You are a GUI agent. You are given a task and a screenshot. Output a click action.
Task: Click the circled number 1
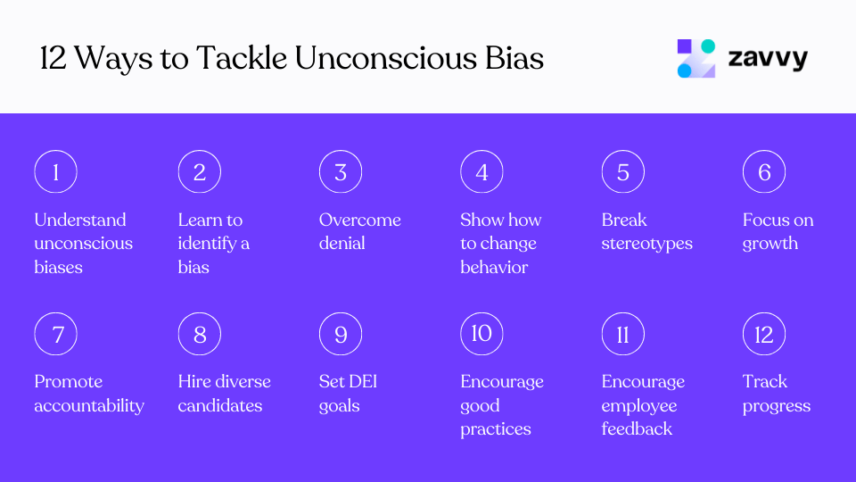[x=55, y=172]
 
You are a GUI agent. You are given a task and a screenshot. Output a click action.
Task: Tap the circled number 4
[x=481, y=172]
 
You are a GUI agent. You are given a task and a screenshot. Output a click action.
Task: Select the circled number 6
[x=764, y=172]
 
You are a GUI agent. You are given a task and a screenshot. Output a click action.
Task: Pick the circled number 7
[x=55, y=335]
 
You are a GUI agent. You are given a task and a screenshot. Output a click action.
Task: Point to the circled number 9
[x=341, y=335]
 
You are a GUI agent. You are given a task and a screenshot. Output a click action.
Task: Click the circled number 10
[x=481, y=334]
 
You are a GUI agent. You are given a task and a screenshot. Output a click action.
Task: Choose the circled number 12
[x=764, y=335]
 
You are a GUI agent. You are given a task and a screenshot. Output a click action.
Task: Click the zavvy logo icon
[x=696, y=59]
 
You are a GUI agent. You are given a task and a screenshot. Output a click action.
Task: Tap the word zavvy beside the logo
[x=768, y=59]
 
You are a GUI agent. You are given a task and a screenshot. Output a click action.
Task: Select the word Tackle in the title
[x=241, y=59]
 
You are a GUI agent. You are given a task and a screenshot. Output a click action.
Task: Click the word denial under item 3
[x=342, y=243]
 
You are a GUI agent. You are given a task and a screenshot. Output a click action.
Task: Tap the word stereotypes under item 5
[x=646, y=243]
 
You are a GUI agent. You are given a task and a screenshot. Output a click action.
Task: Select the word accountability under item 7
[x=89, y=405]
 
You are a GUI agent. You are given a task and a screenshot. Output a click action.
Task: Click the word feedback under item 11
[x=637, y=428]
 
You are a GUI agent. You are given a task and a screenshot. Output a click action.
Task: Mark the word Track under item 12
[x=765, y=381]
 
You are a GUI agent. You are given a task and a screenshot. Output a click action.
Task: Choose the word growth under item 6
[x=770, y=243]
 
